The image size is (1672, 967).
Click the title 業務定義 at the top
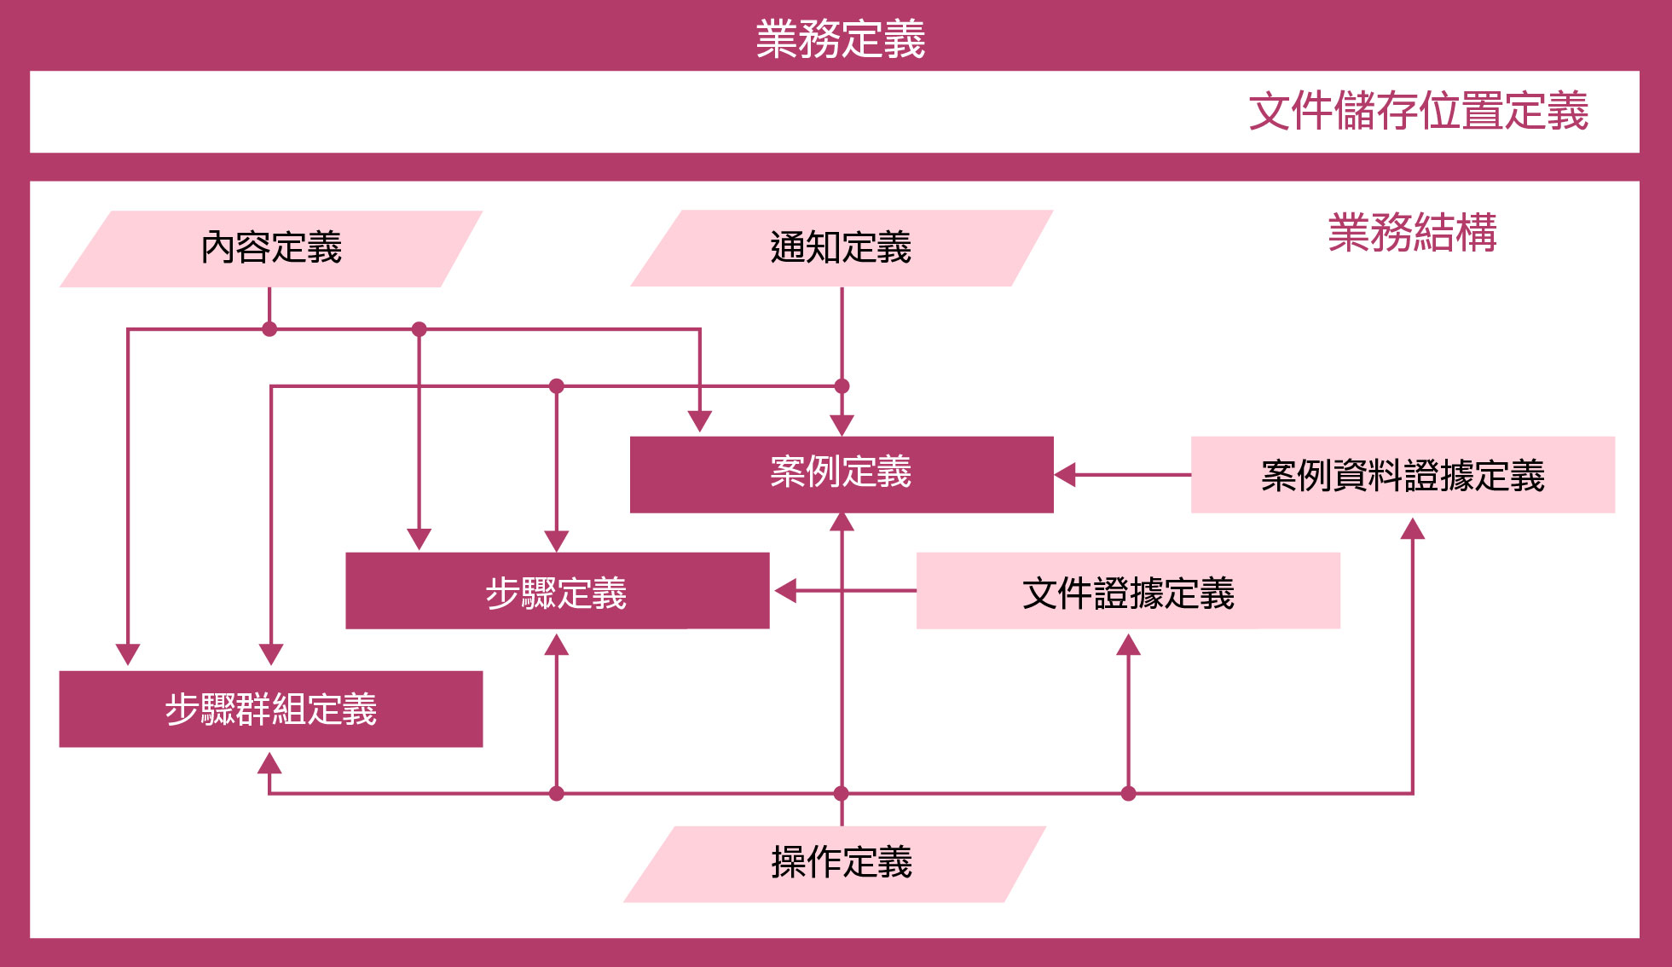(x=840, y=39)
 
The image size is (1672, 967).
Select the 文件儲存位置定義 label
(x=1418, y=112)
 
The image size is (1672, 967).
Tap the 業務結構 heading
(x=1412, y=233)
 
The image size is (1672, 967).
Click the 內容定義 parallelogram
(x=271, y=248)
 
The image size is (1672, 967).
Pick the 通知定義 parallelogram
(x=841, y=248)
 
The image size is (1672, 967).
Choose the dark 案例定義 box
(x=841, y=474)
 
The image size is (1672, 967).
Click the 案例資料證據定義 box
(x=1403, y=475)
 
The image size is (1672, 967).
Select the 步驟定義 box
(x=557, y=591)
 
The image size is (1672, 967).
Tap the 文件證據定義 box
(x=1128, y=591)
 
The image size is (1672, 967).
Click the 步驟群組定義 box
(x=270, y=709)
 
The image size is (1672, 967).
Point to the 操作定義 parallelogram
(x=841, y=863)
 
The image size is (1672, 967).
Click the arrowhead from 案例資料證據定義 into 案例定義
(x=1066, y=475)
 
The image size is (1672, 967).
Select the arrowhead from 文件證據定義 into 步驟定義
(x=785, y=590)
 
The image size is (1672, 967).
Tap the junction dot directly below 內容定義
(x=269, y=329)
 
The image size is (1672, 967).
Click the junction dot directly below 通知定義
(x=842, y=386)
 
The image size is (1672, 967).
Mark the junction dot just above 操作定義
(x=842, y=794)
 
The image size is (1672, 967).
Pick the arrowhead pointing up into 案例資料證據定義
(x=1413, y=530)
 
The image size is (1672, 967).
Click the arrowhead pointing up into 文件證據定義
(x=1128, y=645)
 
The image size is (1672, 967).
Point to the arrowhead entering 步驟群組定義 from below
(x=269, y=762)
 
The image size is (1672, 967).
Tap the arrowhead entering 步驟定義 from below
(x=557, y=645)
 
